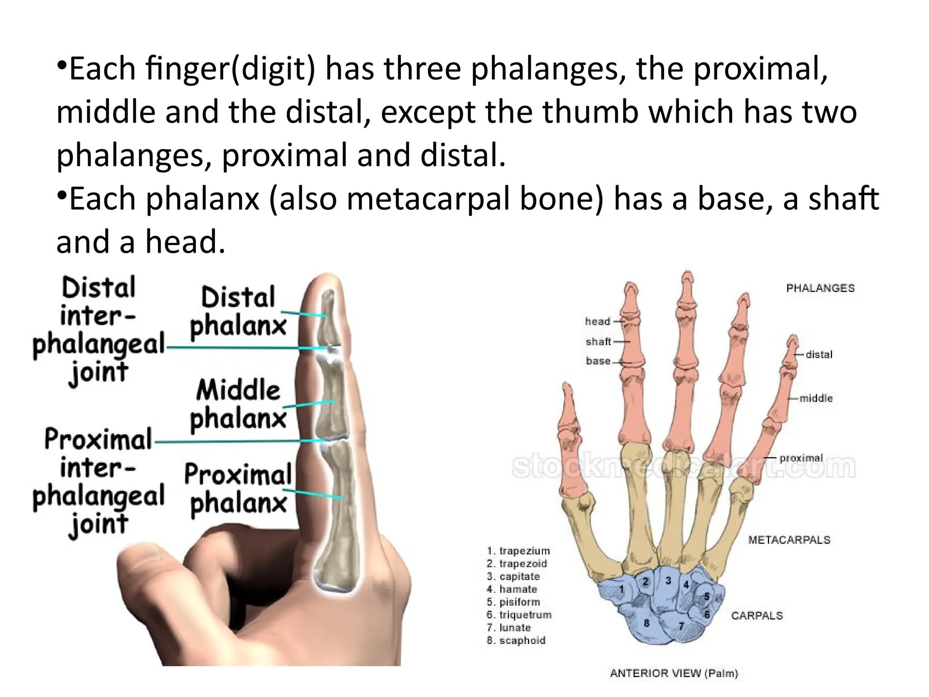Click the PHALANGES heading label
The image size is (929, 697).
click(x=820, y=288)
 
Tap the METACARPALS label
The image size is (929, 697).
click(x=789, y=540)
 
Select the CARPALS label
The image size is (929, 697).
click(x=757, y=616)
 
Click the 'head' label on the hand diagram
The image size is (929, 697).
click(x=597, y=321)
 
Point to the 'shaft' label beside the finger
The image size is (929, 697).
click(x=598, y=341)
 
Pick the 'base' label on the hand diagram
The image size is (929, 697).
click(x=598, y=361)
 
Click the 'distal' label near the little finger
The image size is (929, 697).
click(x=819, y=354)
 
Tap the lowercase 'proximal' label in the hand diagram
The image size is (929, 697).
click(x=801, y=458)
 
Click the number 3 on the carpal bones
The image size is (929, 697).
click(x=668, y=580)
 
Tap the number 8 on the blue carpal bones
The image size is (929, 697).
click(x=646, y=623)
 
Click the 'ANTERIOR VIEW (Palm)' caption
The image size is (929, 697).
click(x=674, y=673)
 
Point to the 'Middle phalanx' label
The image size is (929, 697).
click(x=238, y=404)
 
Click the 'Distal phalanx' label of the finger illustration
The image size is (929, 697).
click(x=238, y=311)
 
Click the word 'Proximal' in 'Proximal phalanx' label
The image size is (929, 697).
click(x=238, y=475)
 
